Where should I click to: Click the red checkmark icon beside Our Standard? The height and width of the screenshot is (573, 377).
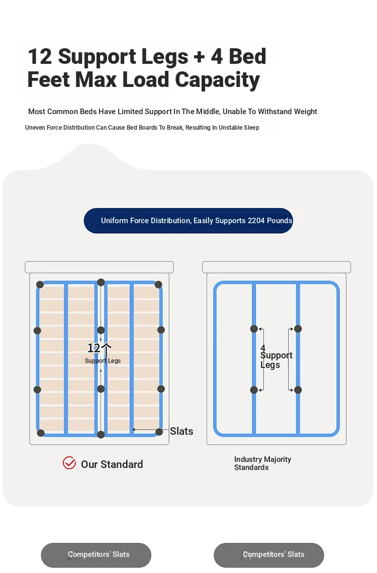[69, 462]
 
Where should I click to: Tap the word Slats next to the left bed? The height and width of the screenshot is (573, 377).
[181, 431]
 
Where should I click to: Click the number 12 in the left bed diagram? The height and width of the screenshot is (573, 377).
[93, 348]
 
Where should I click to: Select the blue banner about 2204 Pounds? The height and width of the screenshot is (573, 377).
[189, 221]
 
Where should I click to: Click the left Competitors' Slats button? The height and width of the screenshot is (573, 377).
[96, 555]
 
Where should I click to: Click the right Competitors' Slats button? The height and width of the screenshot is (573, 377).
[269, 555]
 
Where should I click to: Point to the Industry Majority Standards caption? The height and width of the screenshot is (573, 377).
[263, 463]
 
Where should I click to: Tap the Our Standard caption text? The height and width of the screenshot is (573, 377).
[112, 464]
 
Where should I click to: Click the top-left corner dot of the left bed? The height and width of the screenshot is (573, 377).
[40, 284]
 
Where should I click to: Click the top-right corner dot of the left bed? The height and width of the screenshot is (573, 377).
[158, 284]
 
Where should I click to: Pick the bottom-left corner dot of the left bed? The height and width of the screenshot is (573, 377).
[41, 433]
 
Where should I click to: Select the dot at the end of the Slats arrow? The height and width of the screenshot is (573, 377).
[159, 432]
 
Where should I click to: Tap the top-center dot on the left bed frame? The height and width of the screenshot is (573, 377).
[101, 282]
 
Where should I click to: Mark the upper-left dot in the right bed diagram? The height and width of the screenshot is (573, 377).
[254, 329]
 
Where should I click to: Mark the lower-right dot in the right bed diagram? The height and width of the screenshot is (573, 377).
[298, 390]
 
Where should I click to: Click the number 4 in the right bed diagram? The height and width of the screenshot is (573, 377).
[263, 348]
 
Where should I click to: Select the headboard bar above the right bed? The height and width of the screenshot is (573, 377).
[276, 267]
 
